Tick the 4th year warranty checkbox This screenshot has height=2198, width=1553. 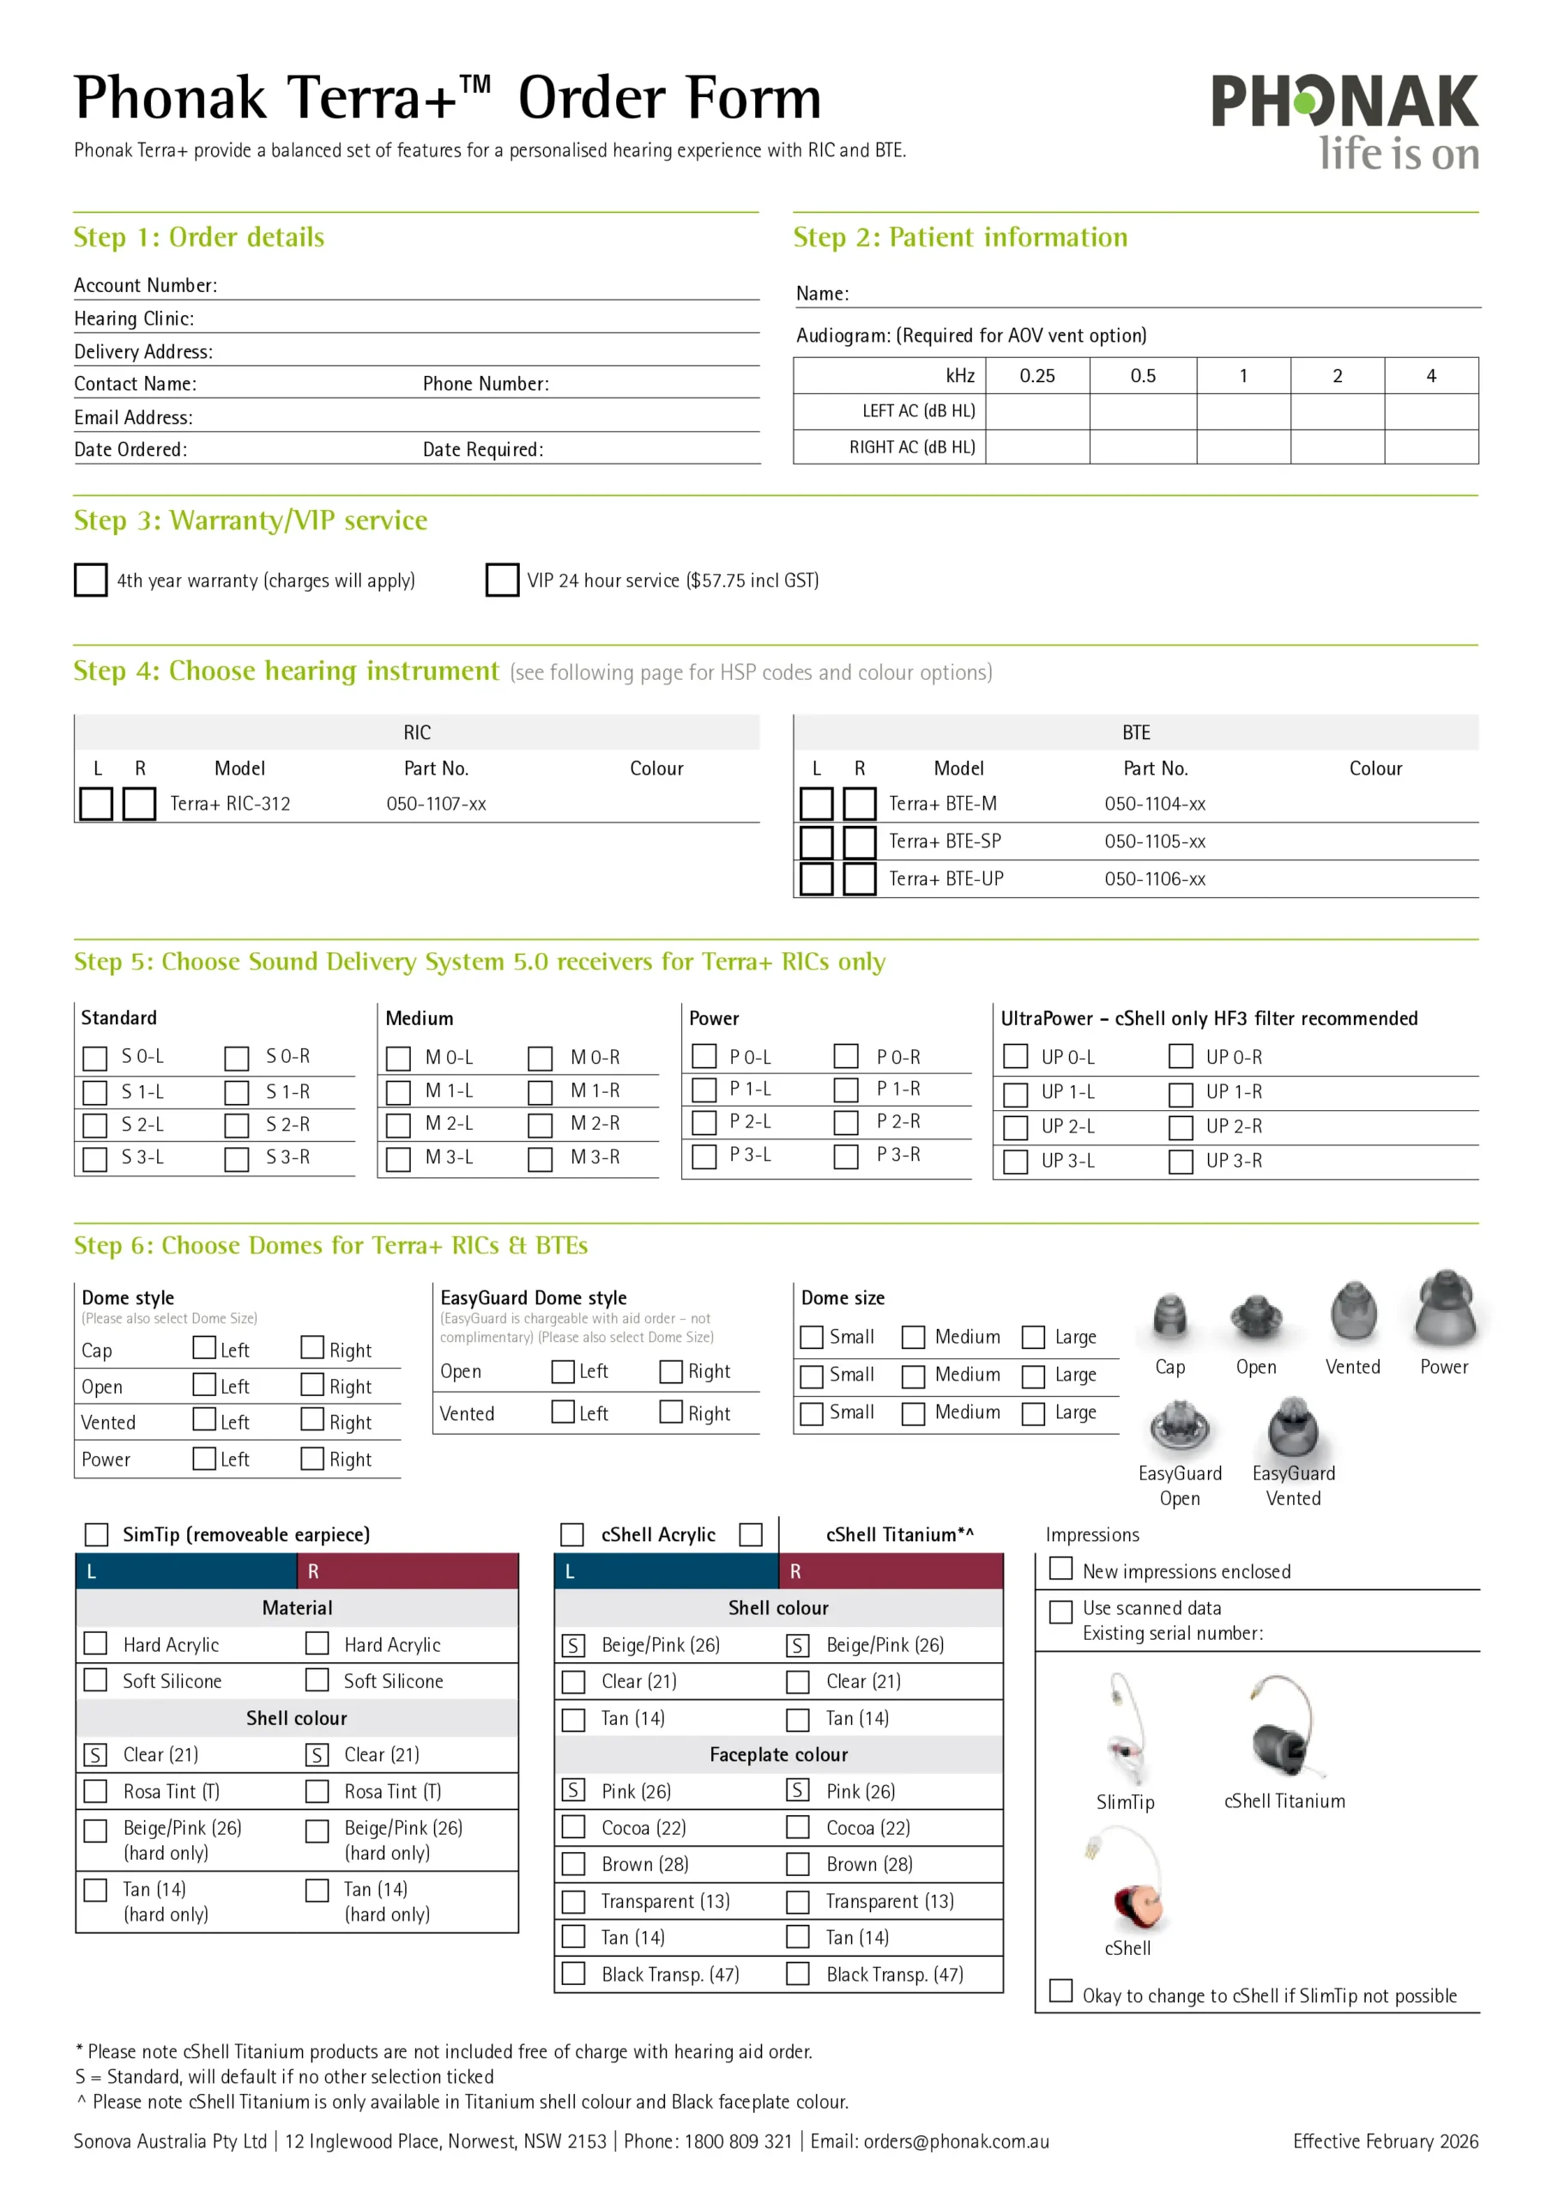91,580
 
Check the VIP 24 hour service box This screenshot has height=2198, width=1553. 501,580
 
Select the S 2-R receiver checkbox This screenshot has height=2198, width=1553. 236,1126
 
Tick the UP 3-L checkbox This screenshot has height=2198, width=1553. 1015,1161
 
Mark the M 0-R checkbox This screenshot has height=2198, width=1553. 541,1058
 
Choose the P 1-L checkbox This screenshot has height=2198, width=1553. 704,1090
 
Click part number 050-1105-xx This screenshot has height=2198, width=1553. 1155,841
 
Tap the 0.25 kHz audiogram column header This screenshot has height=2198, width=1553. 1037,375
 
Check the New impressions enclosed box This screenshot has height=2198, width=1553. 1061,1568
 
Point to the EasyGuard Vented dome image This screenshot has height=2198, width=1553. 1293,1429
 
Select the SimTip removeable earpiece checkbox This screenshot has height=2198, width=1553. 97,1534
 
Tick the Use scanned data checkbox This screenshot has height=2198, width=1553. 1061,1612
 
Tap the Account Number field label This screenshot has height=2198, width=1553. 146,285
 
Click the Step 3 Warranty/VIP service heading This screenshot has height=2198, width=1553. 251,521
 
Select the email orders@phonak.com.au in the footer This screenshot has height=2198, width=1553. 956,2141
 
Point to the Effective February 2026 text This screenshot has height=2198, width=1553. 1385,2141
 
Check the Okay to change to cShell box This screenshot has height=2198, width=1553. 1061,1991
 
